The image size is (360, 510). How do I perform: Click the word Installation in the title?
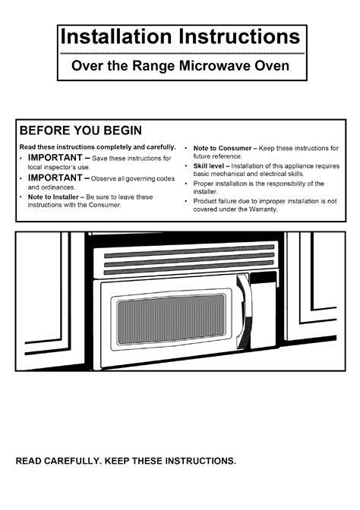pyautogui.click(x=116, y=36)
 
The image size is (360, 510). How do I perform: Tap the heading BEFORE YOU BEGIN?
pyautogui.click(x=81, y=131)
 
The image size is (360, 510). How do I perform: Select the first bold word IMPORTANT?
pyautogui.click(x=55, y=157)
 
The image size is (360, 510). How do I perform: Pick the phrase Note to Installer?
pyautogui.click(x=53, y=197)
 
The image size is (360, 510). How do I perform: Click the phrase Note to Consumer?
pyautogui.click(x=223, y=148)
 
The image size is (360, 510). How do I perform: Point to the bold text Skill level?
pyautogui.click(x=209, y=166)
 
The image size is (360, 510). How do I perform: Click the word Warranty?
pyautogui.click(x=264, y=209)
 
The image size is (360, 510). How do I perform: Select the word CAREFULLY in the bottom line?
pyautogui.click(x=73, y=461)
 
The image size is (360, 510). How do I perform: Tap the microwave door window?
pyautogui.click(x=171, y=320)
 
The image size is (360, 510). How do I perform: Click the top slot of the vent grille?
pyautogui.click(x=189, y=251)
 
